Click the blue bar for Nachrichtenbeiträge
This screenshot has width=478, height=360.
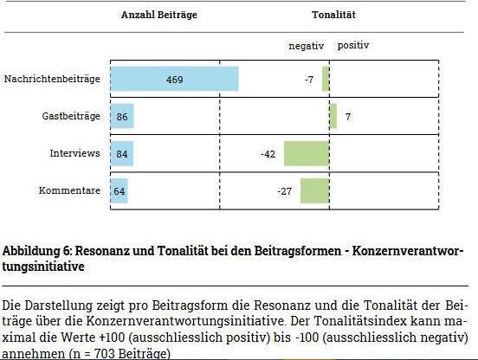tap(174, 79)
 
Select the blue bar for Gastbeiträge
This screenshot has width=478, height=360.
tap(122, 116)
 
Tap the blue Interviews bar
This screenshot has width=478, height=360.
tap(122, 153)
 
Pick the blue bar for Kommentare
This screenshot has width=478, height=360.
tap(119, 190)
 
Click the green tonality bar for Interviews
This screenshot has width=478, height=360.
tap(307, 153)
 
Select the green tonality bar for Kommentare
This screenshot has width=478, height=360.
tap(315, 190)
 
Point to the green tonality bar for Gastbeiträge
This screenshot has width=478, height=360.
tap(333, 116)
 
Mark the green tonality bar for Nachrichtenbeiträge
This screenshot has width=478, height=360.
tap(326, 79)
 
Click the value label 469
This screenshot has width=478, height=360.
tap(175, 80)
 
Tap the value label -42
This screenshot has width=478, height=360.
tap(268, 154)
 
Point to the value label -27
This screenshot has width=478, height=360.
tap(285, 191)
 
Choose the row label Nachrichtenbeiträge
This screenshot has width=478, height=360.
tap(52, 79)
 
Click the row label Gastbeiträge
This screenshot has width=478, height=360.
tap(71, 116)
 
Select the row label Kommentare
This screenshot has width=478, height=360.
tap(69, 190)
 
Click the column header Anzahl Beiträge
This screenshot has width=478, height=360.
tap(159, 15)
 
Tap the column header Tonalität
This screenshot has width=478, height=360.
tap(333, 15)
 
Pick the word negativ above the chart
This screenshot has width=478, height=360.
tap(306, 46)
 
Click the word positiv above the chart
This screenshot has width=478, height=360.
tap(353, 46)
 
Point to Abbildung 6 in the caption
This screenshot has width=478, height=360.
tap(37, 251)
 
